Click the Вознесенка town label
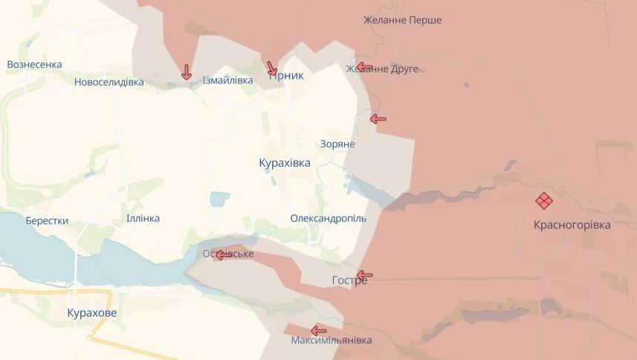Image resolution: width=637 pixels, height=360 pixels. (x=34, y=65)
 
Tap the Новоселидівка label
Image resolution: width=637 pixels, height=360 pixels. (x=109, y=82)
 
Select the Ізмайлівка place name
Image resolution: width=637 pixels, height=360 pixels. (x=228, y=80)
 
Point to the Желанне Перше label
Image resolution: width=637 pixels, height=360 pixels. (x=402, y=20)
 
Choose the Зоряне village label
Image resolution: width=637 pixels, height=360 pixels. (x=337, y=144)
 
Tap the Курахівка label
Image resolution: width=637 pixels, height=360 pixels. (x=285, y=162)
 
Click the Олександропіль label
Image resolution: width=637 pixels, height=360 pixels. (x=328, y=219)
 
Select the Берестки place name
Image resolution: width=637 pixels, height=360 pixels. (x=47, y=221)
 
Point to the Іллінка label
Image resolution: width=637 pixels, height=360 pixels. (x=143, y=218)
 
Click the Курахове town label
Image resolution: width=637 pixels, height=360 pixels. (x=91, y=313)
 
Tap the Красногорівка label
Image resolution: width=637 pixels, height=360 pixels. (x=572, y=225)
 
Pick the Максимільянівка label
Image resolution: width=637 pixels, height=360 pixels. (x=332, y=340)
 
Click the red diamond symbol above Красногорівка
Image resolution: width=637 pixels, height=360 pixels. (x=544, y=201)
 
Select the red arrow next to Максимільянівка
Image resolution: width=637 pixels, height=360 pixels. (x=319, y=330)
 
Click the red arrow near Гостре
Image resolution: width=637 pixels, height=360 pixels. (x=364, y=274)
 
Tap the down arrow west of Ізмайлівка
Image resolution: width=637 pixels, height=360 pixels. (x=186, y=72)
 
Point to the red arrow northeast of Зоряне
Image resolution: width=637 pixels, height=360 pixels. (x=378, y=118)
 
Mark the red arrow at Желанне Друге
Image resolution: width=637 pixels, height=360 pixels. (x=363, y=67)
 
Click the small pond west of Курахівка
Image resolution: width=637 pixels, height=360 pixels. (x=220, y=199)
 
